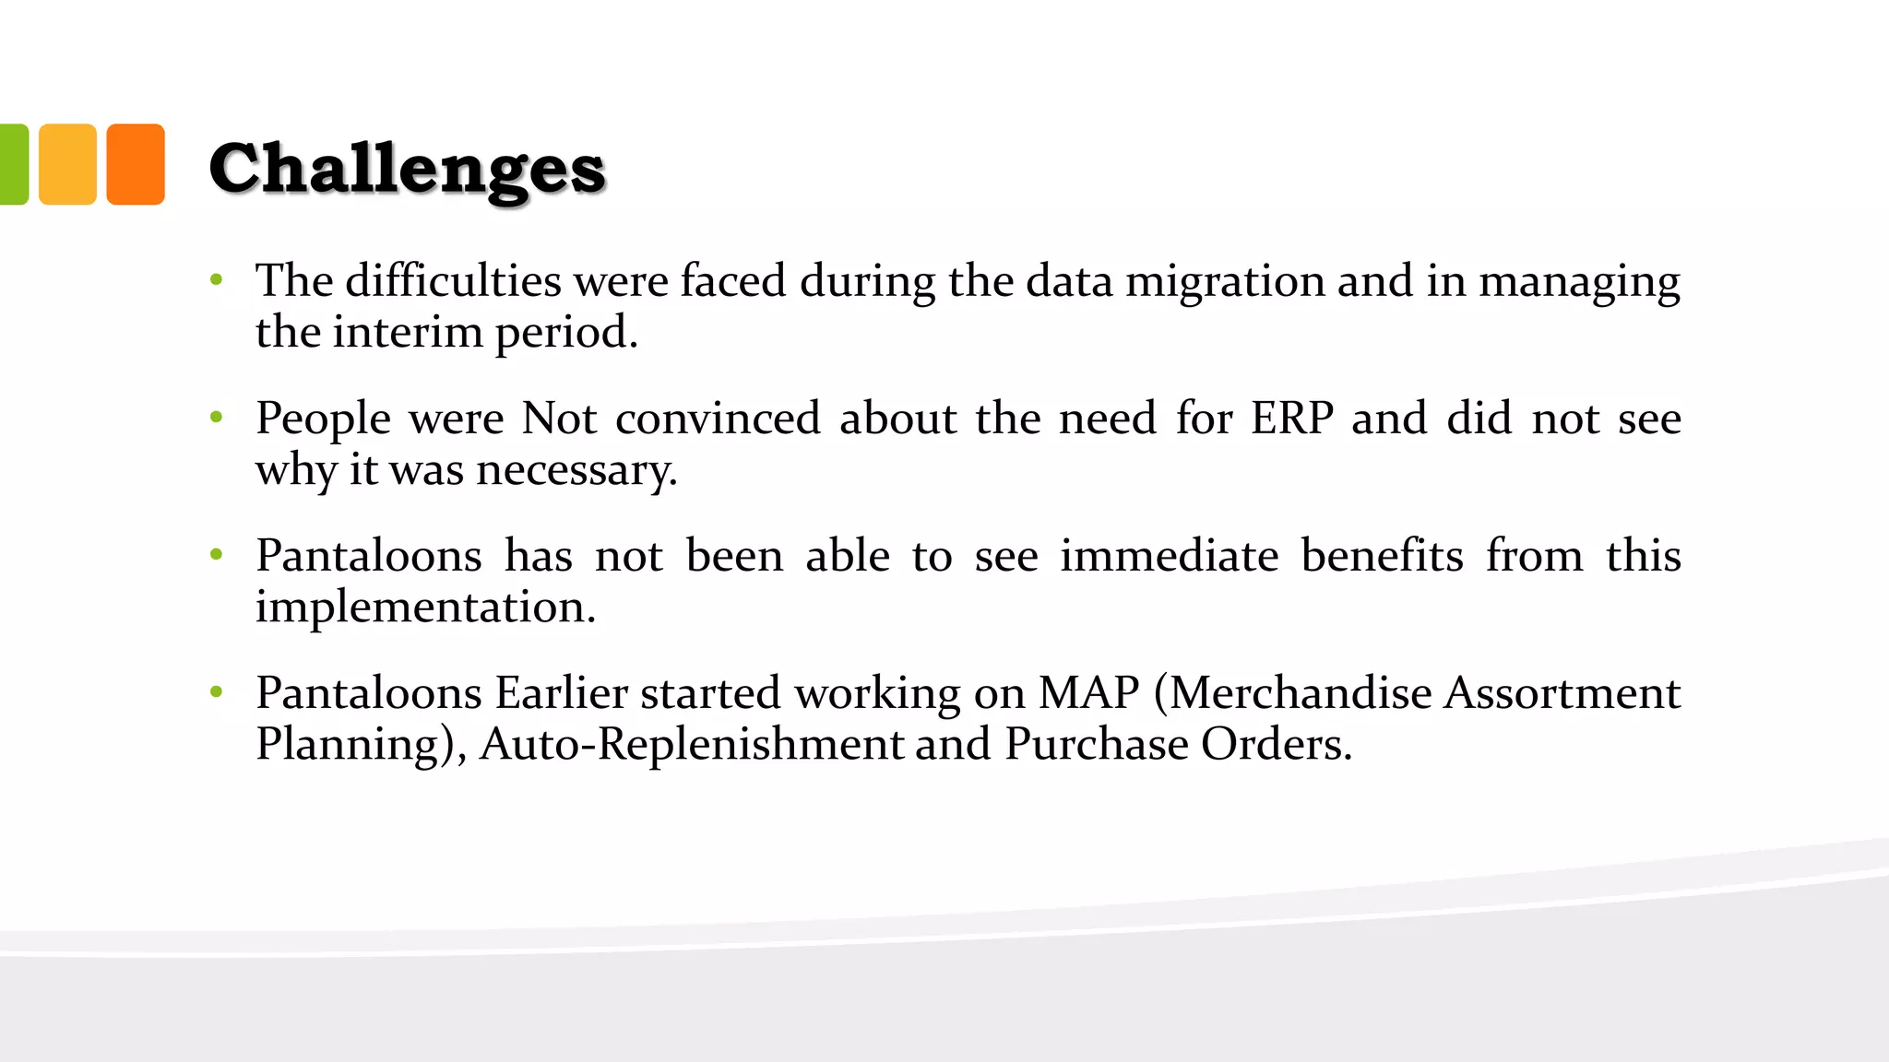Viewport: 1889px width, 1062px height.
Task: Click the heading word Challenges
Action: pyautogui.click(x=407, y=170)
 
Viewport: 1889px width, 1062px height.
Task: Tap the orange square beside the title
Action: pyautogui.click(x=136, y=164)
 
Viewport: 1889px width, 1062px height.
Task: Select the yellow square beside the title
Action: pyautogui.click(x=67, y=164)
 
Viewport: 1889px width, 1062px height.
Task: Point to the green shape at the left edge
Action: pyautogui.click(x=13, y=164)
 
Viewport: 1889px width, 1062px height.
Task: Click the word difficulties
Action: pyautogui.click(x=453, y=280)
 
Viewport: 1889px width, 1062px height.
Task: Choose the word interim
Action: pyautogui.click(x=407, y=332)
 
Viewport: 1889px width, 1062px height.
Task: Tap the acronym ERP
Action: pyautogui.click(x=1291, y=419)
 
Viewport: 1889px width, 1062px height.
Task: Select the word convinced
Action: pyautogui.click(x=718, y=419)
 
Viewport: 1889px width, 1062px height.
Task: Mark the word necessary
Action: pyautogui.click(x=576, y=471)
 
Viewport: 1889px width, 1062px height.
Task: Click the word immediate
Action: pyautogui.click(x=1169, y=556)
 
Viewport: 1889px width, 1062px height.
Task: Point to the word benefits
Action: pyautogui.click(x=1382, y=556)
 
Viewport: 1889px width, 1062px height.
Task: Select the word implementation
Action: pyautogui.click(x=425, y=608)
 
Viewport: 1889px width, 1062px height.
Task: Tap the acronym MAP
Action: pyautogui.click(x=1088, y=693)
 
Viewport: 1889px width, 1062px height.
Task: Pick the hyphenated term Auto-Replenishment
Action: pyautogui.click(x=692, y=744)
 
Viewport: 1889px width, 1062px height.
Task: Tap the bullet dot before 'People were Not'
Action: pyautogui.click(x=217, y=418)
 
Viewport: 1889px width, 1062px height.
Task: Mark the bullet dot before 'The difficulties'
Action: pyautogui.click(x=217, y=279)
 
